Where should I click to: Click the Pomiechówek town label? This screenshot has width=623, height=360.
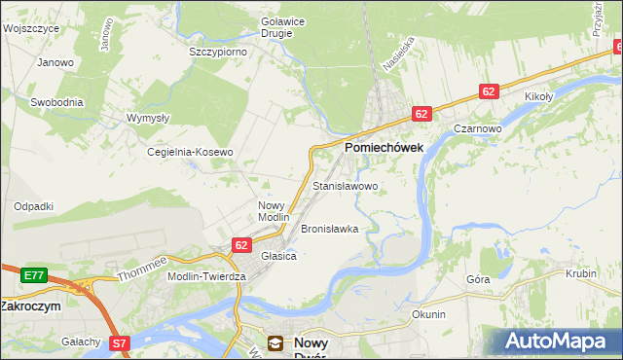tap(382, 148)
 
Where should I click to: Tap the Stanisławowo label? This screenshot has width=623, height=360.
tap(345, 185)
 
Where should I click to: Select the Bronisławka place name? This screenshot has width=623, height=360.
tap(330, 230)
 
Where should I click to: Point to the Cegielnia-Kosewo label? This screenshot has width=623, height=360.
tap(191, 153)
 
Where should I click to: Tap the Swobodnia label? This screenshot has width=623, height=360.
tap(56, 102)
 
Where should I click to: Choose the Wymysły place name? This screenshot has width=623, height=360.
tap(148, 118)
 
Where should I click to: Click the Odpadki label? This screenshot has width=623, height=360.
tap(33, 206)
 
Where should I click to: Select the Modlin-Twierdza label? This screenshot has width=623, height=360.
tap(207, 276)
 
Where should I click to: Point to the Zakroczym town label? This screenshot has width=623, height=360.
tap(30, 306)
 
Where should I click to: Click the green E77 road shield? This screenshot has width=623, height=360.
tap(34, 276)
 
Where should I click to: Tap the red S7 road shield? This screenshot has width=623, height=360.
tap(119, 342)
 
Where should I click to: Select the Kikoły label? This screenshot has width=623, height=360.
tap(538, 97)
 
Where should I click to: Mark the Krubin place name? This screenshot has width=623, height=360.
tap(580, 274)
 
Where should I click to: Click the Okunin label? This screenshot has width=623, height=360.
tap(428, 314)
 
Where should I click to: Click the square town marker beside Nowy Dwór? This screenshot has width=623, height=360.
tap(276, 342)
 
